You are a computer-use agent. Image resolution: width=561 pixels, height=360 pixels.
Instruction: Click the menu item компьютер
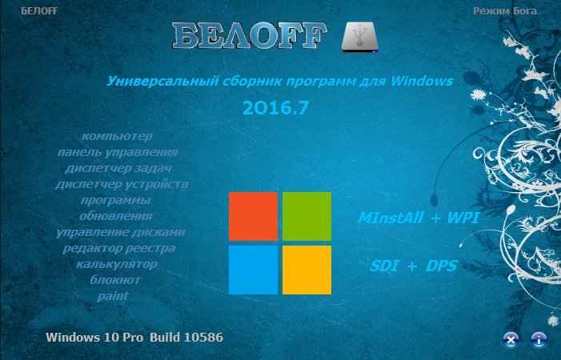[x=117, y=136]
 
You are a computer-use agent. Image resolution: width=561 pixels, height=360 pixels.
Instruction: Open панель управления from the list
[x=118, y=152]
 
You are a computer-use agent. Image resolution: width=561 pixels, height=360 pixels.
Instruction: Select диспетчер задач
[x=118, y=168]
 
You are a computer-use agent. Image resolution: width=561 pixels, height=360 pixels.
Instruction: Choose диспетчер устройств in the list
[x=122, y=184]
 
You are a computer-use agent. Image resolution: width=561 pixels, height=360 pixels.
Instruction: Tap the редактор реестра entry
[x=118, y=248]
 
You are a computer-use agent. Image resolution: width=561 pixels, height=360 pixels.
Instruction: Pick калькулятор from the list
[x=117, y=264]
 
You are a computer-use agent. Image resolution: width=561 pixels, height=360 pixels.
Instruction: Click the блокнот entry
[x=115, y=280]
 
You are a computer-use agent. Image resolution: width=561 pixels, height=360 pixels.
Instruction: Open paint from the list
[x=113, y=296]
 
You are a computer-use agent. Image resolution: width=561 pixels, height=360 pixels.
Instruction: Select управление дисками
[x=121, y=232]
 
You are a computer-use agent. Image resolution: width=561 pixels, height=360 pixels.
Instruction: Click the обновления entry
[x=116, y=216]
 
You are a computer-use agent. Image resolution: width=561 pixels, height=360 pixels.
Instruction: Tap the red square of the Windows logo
[x=254, y=216]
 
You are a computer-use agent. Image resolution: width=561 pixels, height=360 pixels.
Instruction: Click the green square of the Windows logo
[x=307, y=216]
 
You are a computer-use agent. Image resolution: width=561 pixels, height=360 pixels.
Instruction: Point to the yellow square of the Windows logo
[x=307, y=270]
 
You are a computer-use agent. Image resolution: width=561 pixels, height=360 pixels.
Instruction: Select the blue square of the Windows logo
[x=254, y=270]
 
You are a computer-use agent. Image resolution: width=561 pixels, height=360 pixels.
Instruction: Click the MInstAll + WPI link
[x=419, y=218]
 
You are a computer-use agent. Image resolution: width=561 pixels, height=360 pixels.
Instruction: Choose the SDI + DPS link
[x=414, y=266]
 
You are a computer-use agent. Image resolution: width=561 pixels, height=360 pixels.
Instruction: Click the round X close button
[x=511, y=339]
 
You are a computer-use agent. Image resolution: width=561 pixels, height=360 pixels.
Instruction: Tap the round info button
[x=539, y=339]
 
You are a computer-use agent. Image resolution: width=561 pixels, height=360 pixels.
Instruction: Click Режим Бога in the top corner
[x=505, y=11]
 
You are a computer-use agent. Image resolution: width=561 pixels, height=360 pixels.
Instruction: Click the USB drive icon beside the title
[x=359, y=37]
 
